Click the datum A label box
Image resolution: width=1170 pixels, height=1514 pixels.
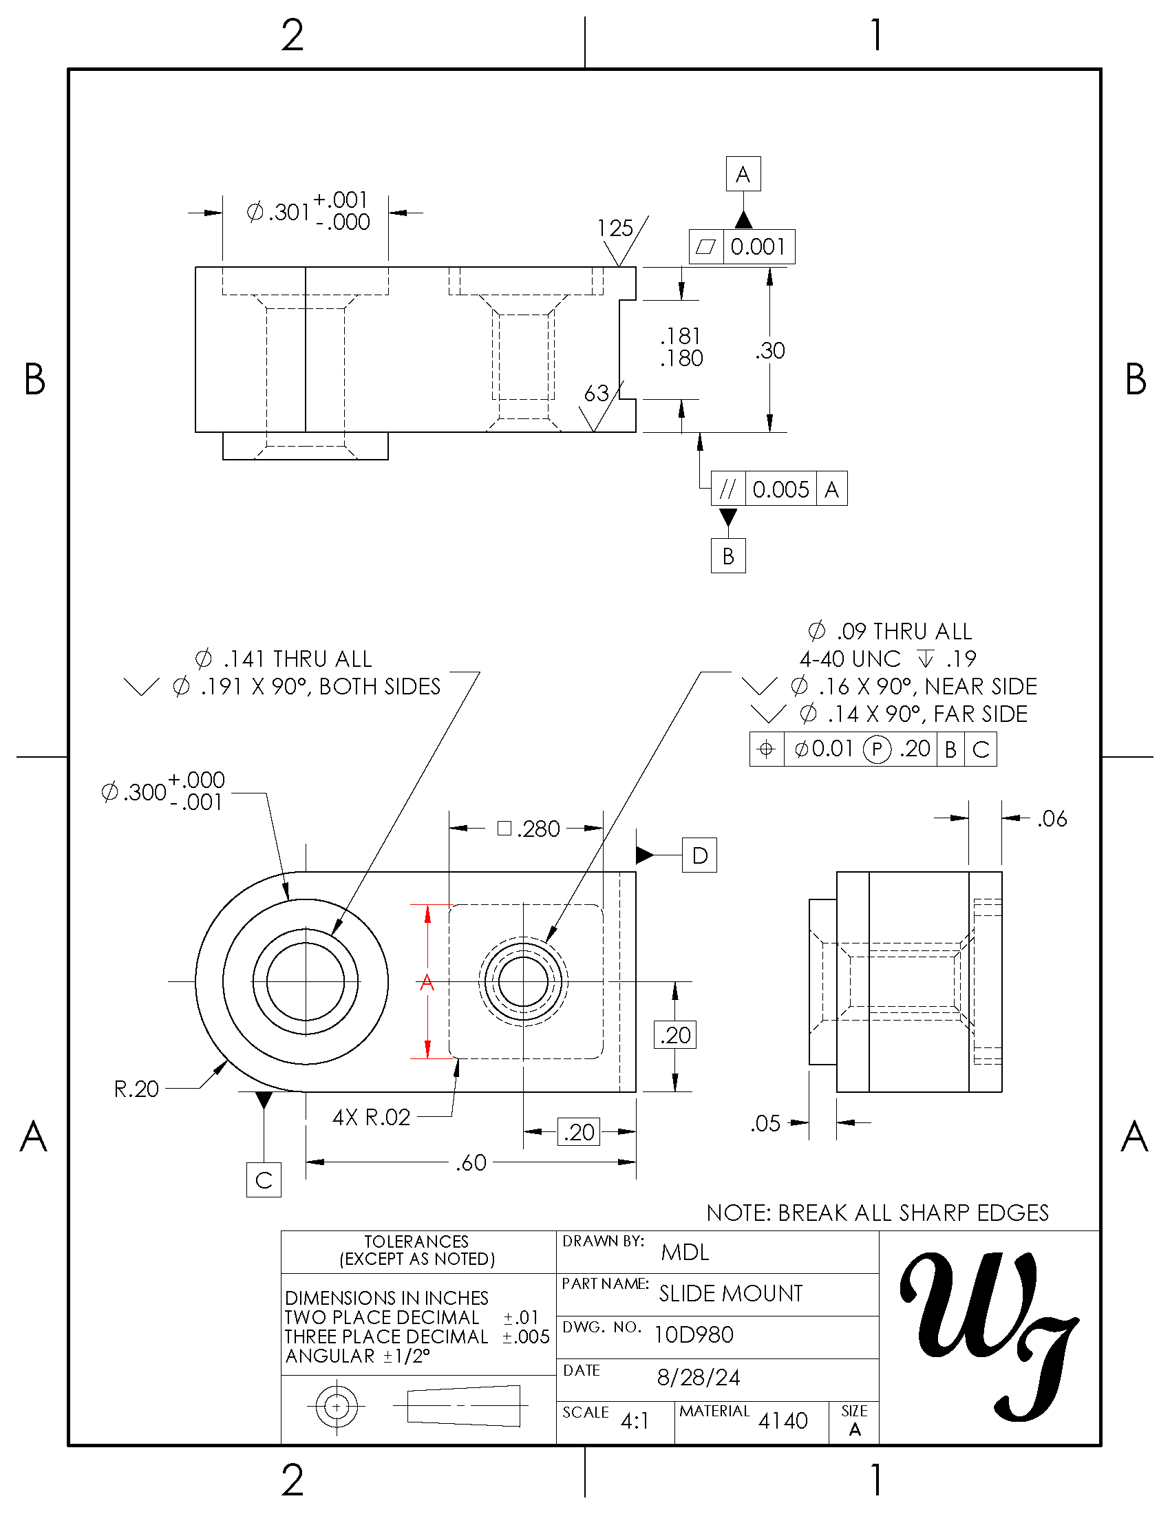pos(743,174)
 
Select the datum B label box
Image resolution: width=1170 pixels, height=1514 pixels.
pos(727,556)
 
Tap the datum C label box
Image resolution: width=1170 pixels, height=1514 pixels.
pos(264,1180)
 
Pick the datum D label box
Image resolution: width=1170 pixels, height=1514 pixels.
pos(699,855)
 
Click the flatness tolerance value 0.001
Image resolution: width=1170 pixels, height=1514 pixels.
pos(758,247)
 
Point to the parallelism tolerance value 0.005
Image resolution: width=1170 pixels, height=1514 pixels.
pos(780,489)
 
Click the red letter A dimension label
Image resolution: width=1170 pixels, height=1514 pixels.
pos(427,982)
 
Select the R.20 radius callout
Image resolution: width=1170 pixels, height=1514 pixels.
pos(136,1089)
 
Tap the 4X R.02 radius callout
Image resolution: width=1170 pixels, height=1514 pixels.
pos(372,1118)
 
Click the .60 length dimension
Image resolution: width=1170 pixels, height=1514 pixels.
pos(471,1162)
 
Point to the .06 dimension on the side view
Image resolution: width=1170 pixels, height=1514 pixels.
pos(1052,819)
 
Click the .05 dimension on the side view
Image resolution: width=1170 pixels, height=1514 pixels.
pos(765,1123)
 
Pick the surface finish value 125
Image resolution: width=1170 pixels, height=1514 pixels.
pos(615,228)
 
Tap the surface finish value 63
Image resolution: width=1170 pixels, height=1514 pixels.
pos(596,394)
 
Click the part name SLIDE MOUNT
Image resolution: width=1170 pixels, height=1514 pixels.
pos(730,1294)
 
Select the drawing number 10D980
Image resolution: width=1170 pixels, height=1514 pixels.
pos(694,1335)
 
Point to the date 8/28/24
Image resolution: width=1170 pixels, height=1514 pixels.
pos(699,1377)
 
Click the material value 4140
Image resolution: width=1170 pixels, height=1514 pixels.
pos(783,1421)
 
